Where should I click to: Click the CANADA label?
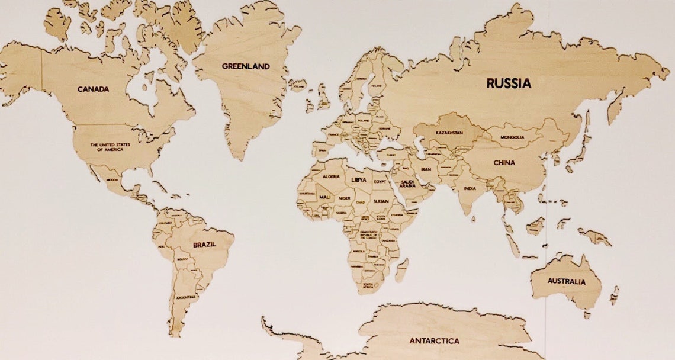93,89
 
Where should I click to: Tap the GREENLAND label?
246,66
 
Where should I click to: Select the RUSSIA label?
509,83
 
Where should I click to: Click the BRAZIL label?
204,244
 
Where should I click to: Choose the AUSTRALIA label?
566,281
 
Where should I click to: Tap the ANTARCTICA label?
434,341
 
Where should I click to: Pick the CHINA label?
504,163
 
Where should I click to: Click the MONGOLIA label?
512,137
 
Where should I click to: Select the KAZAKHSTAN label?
449,133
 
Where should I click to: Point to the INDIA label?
470,189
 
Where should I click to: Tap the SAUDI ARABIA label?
407,184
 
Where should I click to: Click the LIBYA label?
359,179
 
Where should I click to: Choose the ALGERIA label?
331,177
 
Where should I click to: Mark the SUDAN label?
381,201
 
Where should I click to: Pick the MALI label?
324,197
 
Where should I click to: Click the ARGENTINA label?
186,296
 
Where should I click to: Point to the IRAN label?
426,169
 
